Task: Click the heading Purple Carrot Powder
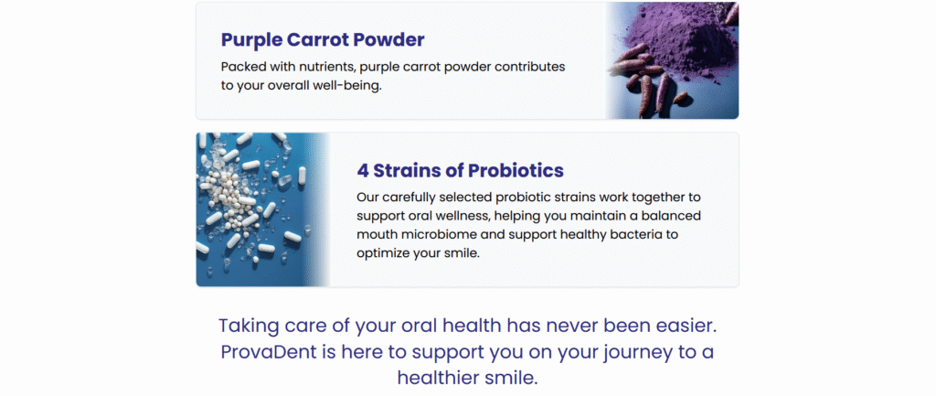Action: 323,40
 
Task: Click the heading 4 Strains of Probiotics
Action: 461,171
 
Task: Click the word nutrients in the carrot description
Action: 321,66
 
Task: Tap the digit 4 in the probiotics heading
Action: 363,171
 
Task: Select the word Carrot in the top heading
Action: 317,40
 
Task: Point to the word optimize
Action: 383,253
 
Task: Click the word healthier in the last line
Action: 437,378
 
